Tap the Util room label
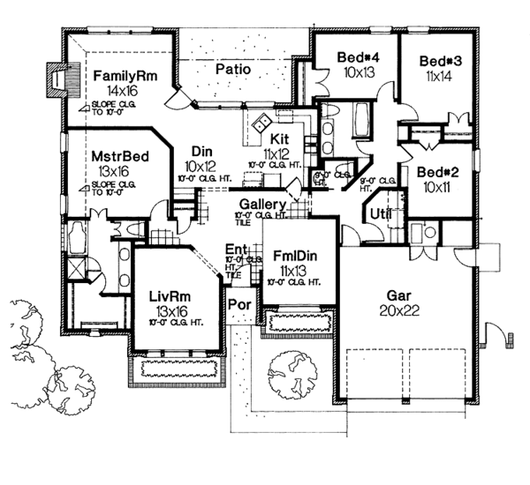[381, 213]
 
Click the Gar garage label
[406, 296]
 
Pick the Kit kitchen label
[280, 138]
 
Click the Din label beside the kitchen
[200, 150]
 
